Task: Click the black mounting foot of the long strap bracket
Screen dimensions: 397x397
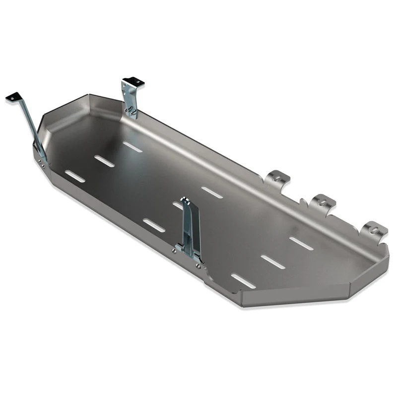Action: (x=13, y=97)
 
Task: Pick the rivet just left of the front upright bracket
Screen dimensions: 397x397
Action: (x=174, y=251)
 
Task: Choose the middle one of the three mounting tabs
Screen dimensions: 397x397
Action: (x=323, y=201)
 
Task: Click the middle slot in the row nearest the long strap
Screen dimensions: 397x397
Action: (x=104, y=161)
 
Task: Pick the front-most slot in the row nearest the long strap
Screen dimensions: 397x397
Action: (x=75, y=176)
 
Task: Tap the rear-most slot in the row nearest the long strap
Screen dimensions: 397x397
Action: (x=132, y=146)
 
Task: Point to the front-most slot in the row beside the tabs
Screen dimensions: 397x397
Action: (x=244, y=280)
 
